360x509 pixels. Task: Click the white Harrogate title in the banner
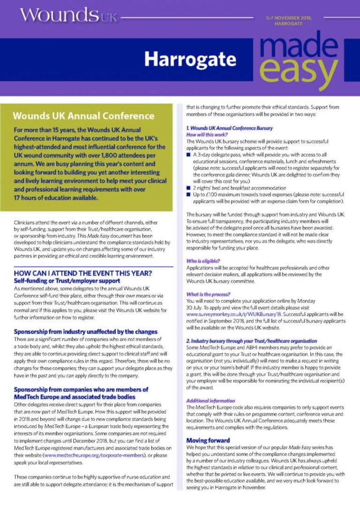[x=190, y=60]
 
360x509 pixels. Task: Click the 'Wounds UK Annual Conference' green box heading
[x=83, y=116]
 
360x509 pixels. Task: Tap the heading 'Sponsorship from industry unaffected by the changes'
[x=85, y=332]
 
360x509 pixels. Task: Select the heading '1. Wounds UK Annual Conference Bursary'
[x=229, y=128]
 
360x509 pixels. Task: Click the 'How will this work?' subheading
[x=206, y=134]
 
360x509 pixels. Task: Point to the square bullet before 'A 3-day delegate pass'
[x=188, y=154]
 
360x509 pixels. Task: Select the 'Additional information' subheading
[x=210, y=401]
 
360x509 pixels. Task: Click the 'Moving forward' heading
[x=208, y=441]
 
